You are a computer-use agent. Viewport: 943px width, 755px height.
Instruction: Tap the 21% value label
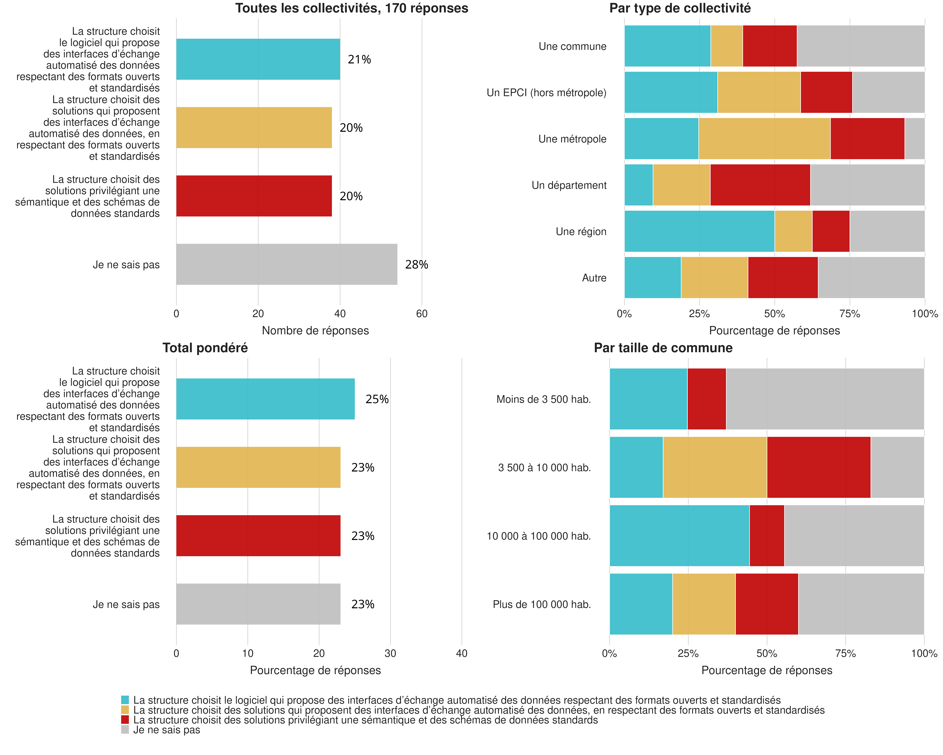coord(359,60)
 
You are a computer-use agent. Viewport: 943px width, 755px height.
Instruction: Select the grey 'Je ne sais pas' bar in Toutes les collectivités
coord(287,264)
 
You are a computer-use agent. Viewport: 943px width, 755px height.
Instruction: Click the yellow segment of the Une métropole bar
coord(764,139)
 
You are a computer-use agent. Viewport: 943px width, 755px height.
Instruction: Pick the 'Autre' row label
coord(594,278)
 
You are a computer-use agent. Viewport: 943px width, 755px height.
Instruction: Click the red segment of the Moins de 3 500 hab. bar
coord(706,399)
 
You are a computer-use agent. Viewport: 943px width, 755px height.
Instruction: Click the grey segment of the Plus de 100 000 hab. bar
coord(861,604)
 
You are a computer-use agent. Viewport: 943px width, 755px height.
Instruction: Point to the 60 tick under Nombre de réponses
coord(422,314)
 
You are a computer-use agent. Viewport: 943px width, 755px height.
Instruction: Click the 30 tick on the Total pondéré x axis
coord(390,653)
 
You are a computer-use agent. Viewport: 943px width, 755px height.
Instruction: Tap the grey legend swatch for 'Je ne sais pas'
coord(125,730)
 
